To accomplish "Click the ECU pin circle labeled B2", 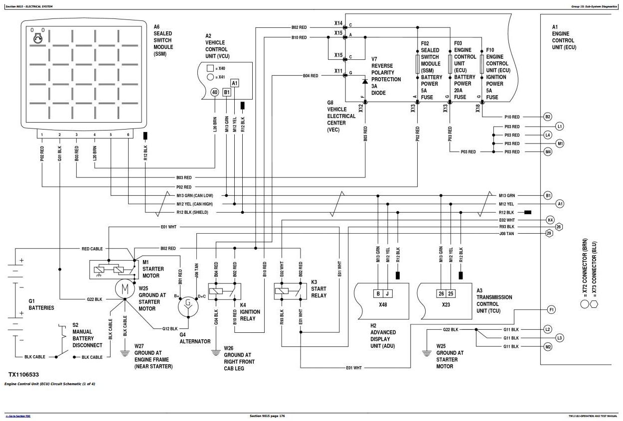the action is point(548,117).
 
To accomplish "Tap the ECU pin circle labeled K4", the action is point(550,220).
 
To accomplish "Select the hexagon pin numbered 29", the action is point(549,233).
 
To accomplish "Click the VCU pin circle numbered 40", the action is point(215,92).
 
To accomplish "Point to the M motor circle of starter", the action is point(125,289).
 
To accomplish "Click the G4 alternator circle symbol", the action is point(188,307).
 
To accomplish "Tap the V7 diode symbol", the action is point(365,81).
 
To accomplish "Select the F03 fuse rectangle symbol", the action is point(450,64).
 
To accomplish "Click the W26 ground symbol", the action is point(215,353).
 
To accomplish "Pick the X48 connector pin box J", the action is point(387,293).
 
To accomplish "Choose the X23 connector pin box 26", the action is point(442,293).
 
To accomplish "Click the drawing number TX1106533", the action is point(23,375).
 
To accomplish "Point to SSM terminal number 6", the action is point(128,135).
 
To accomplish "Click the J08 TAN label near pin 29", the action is point(506,234).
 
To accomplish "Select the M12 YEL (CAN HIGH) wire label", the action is point(195,204).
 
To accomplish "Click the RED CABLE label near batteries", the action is point(92,249).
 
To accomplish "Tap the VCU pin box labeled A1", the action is point(234,83).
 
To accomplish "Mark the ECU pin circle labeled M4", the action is point(548,152).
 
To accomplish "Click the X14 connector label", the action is point(338,23).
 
